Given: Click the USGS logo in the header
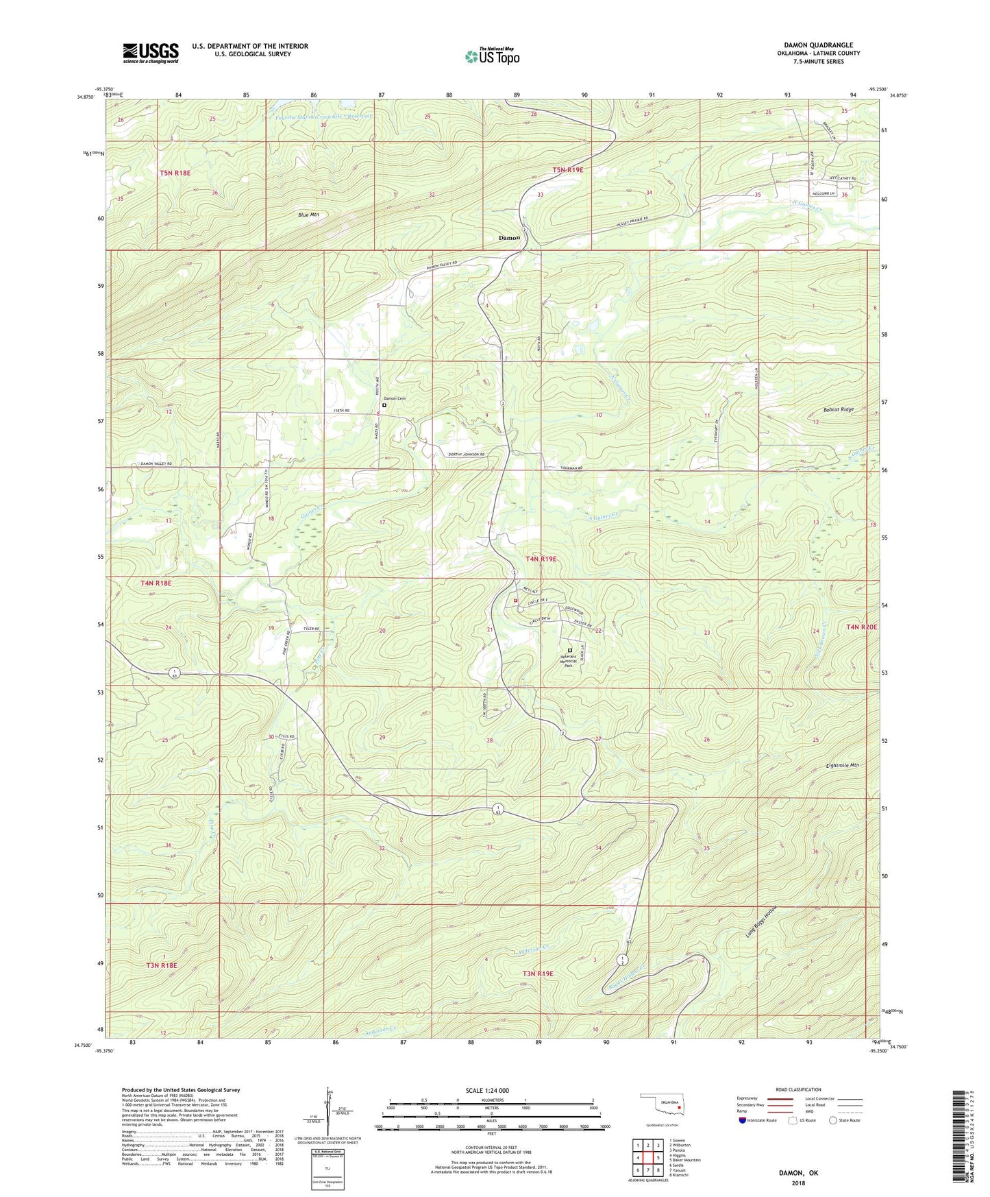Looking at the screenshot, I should click(x=151, y=53).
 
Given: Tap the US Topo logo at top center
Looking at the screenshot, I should click(x=492, y=56).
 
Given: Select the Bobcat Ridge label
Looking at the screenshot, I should click(x=838, y=409).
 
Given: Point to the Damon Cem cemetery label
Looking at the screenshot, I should click(x=394, y=398).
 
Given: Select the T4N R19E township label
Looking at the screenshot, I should click(x=541, y=559).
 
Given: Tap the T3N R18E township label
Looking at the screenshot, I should click(x=162, y=965).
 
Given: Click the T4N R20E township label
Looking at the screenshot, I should click(x=861, y=627).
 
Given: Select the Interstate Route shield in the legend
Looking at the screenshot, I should click(x=743, y=1120).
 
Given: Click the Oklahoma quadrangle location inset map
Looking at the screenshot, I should click(x=660, y=1106).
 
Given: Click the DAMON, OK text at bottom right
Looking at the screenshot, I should click(x=797, y=1173).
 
